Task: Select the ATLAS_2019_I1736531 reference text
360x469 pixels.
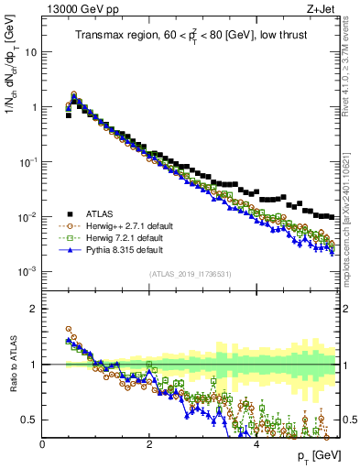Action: click(x=191, y=273)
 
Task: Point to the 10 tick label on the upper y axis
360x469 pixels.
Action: click(x=30, y=52)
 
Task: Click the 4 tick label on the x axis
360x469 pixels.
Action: click(x=256, y=443)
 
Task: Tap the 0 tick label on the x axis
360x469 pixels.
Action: click(x=42, y=443)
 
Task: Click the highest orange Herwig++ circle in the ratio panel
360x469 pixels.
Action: click(x=68, y=329)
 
